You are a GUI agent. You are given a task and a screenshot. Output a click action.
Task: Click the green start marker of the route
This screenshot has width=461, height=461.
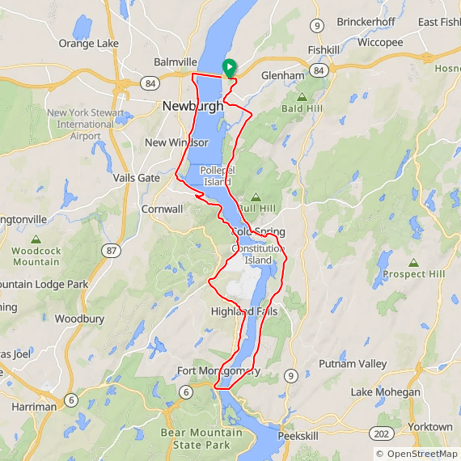point(229,68)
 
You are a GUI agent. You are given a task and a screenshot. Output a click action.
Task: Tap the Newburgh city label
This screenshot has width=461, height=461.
point(192,106)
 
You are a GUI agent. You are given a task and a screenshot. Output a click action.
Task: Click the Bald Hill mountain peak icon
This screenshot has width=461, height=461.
point(301,97)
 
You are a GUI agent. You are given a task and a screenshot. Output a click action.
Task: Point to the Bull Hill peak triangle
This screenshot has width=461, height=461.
point(256,197)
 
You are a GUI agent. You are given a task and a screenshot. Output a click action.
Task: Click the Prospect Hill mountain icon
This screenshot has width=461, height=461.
point(413,263)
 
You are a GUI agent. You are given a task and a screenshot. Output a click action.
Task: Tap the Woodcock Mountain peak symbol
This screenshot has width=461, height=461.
point(36,239)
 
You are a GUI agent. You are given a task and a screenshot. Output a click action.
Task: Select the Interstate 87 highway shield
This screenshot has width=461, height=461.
point(112,251)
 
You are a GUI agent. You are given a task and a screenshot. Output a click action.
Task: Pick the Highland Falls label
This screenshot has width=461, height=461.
point(243,311)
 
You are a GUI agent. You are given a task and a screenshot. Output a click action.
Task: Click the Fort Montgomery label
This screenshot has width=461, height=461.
point(218,371)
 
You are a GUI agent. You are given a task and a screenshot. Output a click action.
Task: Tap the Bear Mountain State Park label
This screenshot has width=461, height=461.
point(201,438)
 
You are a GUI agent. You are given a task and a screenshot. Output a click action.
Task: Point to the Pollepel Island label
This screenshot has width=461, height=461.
point(217,176)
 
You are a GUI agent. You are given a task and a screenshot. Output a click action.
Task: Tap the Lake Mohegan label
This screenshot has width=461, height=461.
point(385,392)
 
